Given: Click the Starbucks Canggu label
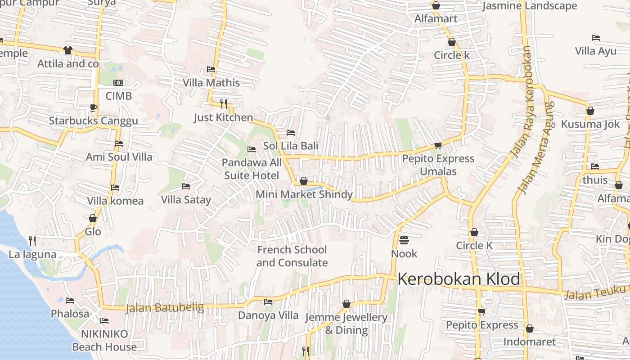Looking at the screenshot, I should pyautogui.click(x=93, y=121).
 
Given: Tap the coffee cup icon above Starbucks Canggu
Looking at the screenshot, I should pyautogui.click(x=93, y=108).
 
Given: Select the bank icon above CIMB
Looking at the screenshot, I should pyautogui.click(x=118, y=83).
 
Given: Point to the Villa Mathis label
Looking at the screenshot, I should pyautogui.click(x=211, y=83).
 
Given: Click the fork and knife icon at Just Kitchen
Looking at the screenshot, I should pyautogui.click(x=224, y=104).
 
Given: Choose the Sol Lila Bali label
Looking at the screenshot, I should pyautogui.click(x=290, y=146).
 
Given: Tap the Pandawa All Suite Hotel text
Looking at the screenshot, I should pyautogui.click(x=252, y=169).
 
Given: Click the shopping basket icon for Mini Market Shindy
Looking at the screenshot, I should pyautogui.click(x=304, y=181).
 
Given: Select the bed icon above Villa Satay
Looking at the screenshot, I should pyautogui.click(x=185, y=186).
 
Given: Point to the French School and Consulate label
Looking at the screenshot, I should pyautogui.click(x=292, y=256).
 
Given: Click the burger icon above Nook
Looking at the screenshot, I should pyautogui.click(x=404, y=240).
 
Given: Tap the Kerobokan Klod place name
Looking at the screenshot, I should pyautogui.click(x=459, y=279).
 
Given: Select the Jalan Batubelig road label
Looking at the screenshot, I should pyautogui.click(x=164, y=308).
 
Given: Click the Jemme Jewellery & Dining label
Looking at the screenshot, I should pyautogui.click(x=346, y=324).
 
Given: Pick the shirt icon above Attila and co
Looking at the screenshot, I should pyautogui.click(x=68, y=50).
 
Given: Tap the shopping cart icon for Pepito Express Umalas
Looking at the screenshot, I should pyautogui.click(x=438, y=145).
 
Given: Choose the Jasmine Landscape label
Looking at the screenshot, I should pyautogui.click(x=530, y=6).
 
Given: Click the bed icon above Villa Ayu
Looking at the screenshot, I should pyautogui.click(x=596, y=38).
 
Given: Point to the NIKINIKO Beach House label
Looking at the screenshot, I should pyautogui.click(x=104, y=340).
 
